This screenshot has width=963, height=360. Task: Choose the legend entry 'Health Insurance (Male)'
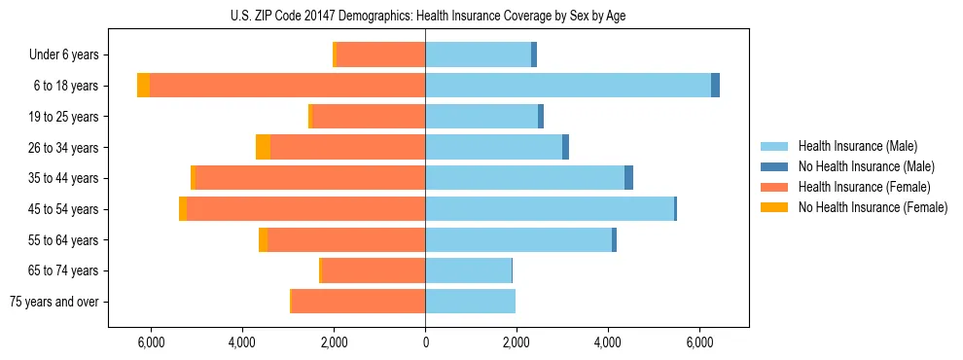click(x=857, y=146)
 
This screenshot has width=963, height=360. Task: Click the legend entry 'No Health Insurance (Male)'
click(x=866, y=166)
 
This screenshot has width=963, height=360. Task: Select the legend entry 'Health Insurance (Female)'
click(x=864, y=187)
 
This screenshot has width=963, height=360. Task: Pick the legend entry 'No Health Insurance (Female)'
click(x=873, y=207)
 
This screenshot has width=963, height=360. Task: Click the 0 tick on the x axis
click(x=425, y=342)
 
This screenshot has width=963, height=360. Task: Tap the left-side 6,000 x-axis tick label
click(x=151, y=342)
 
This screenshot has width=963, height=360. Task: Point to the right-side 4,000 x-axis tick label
click(x=608, y=342)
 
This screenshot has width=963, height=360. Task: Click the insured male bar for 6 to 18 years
click(x=568, y=86)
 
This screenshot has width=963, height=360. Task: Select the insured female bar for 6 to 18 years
click(x=287, y=86)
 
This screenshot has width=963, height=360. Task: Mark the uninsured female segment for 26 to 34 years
click(x=263, y=147)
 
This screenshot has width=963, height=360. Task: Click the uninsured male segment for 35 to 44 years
click(x=628, y=178)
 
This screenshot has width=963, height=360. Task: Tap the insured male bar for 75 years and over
click(x=470, y=302)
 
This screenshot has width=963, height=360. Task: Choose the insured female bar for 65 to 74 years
click(x=374, y=270)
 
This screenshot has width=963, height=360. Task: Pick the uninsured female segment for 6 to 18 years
click(x=143, y=86)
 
